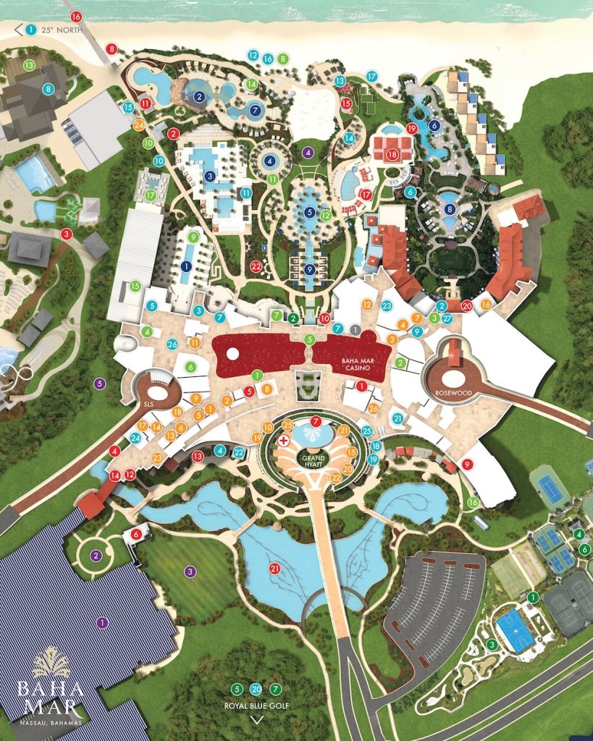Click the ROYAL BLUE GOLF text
click(256, 703)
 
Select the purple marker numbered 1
click(101, 622)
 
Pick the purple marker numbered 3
click(190, 572)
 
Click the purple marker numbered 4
click(308, 152)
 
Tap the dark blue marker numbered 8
click(450, 209)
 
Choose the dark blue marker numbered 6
click(434, 124)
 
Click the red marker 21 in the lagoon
click(274, 569)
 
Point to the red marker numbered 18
click(392, 154)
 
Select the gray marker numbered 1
click(355, 329)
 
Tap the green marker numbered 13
click(29, 65)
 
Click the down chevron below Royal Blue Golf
click(256, 719)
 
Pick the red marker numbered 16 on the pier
click(76, 17)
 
